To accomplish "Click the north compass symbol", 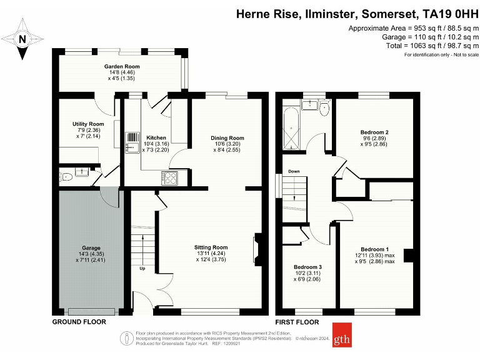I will pos(23,39).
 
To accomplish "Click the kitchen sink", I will pos(132,142).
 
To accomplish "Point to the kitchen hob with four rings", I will pos(170,177).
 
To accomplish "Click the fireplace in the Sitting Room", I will pos(256,248).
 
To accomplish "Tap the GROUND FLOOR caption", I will pos(79,322).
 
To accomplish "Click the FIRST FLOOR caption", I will pos(297,322).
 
